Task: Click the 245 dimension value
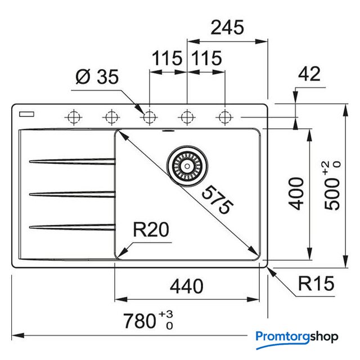(227, 28)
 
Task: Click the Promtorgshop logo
(297, 336)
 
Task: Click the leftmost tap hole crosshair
(73, 117)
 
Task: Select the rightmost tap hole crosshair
(225, 117)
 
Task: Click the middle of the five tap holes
(149, 117)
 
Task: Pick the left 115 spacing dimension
(168, 58)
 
